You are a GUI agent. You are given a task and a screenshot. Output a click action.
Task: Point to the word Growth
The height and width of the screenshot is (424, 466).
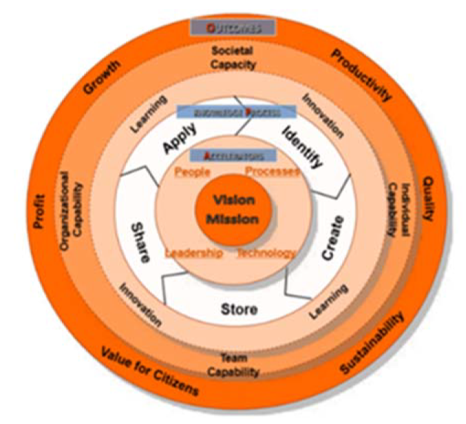point(101,78)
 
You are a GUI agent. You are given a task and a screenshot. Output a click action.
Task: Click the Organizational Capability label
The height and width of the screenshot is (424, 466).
point(72,211)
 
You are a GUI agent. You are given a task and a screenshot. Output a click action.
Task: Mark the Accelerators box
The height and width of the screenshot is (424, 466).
point(233,156)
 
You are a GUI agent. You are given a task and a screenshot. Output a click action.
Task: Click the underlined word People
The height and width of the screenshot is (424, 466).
point(193,171)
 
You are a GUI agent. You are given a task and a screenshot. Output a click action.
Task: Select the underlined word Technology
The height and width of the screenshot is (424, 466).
point(266,253)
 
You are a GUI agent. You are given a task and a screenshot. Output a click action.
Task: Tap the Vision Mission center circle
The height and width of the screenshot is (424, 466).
point(233,210)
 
